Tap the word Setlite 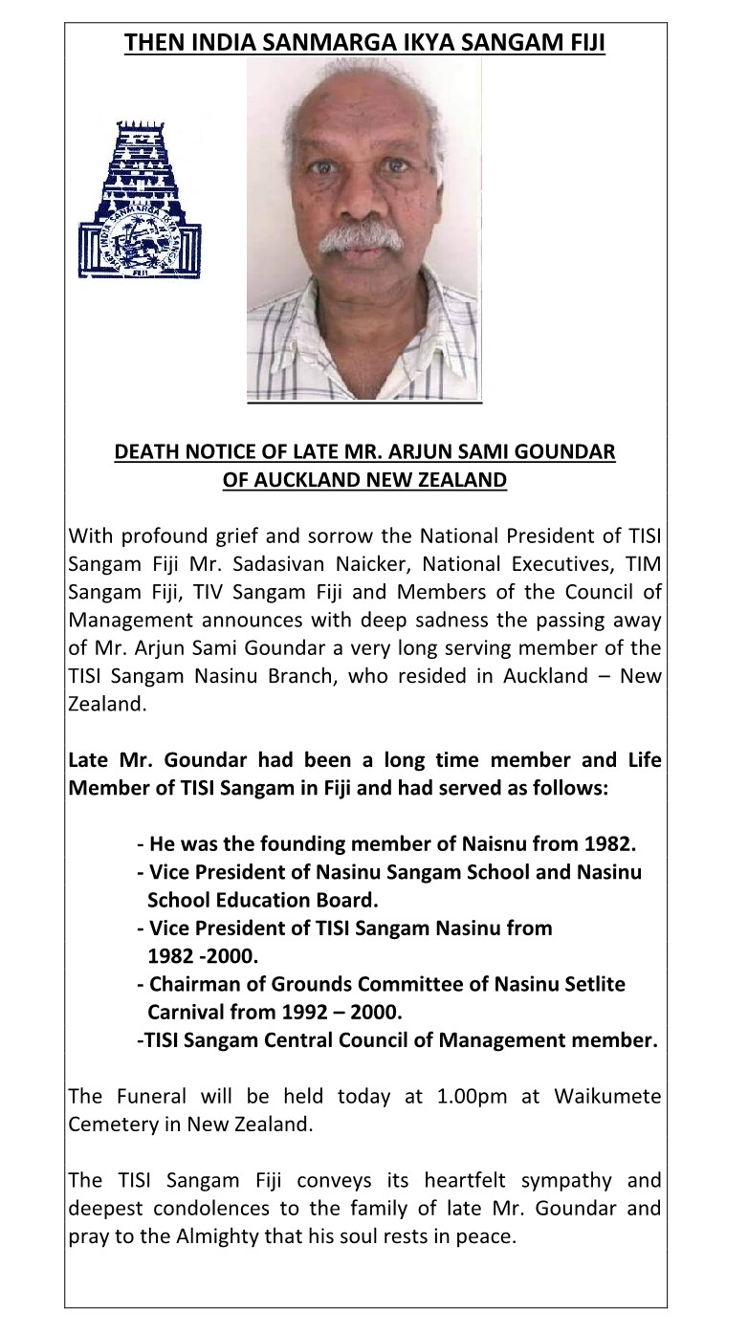[591, 984]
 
